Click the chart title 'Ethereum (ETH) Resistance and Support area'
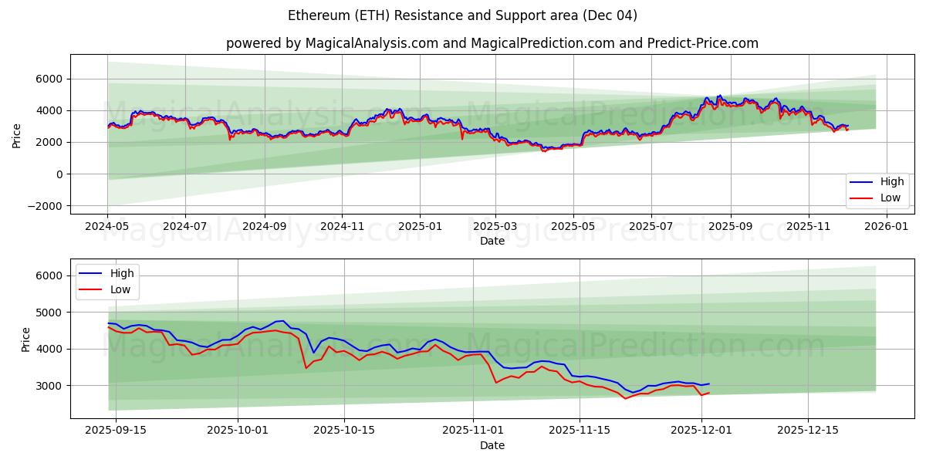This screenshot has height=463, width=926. (462, 15)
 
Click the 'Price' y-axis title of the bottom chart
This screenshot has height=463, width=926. (26, 339)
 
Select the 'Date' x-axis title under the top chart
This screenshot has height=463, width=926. (492, 241)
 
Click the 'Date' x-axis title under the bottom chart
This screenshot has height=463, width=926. (492, 445)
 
